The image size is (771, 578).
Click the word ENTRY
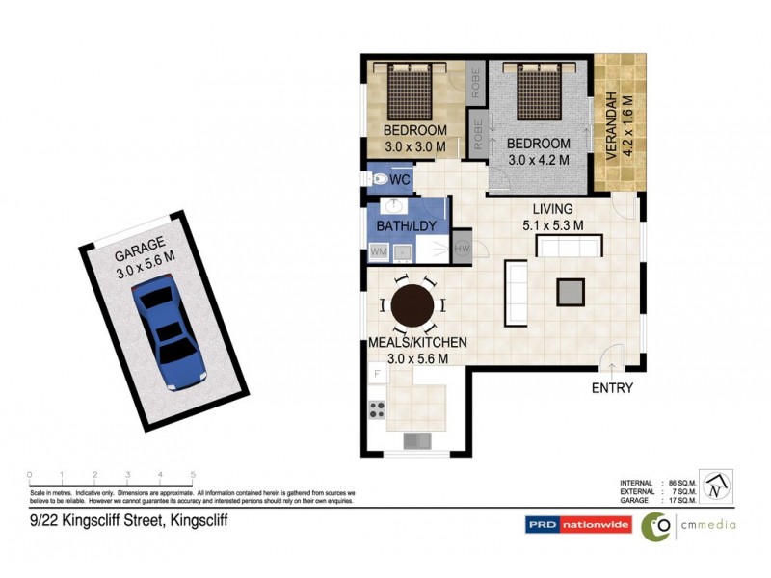click(x=612, y=388)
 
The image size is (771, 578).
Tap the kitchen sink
click(x=416, y=441)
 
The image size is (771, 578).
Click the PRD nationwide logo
click(x=577, y=525)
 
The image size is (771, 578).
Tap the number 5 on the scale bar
click(x=193, y=474)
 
